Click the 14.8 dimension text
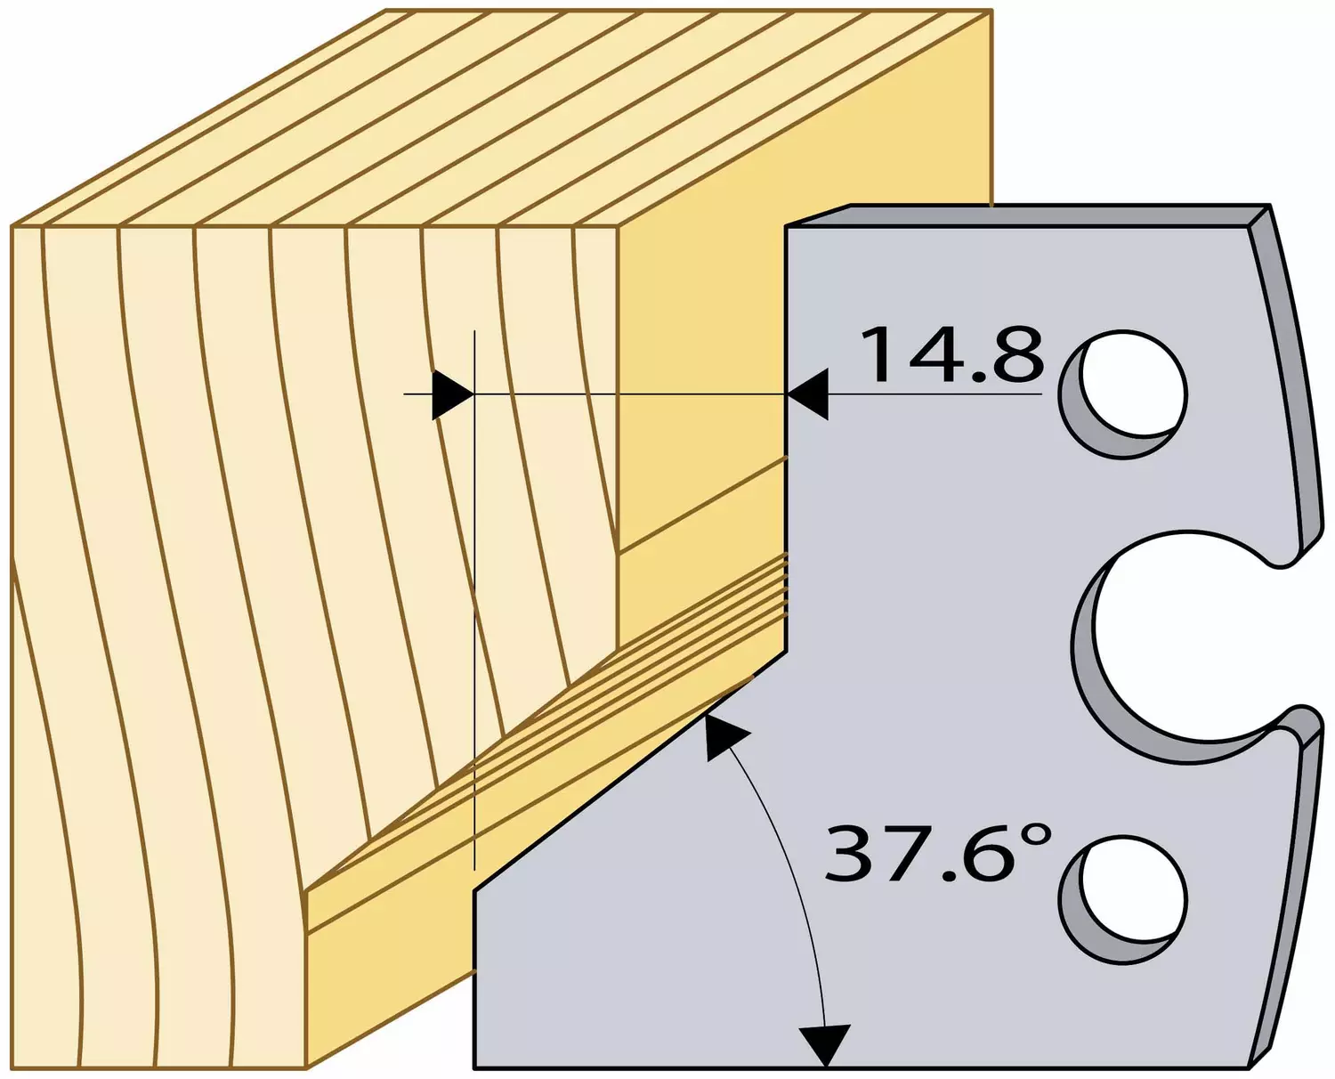tap(951, 355)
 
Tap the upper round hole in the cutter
tap(1123, 394)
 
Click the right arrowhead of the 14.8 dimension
tap(808, 394)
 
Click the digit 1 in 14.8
tap(878, 355)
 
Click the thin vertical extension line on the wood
tap(474, 600)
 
